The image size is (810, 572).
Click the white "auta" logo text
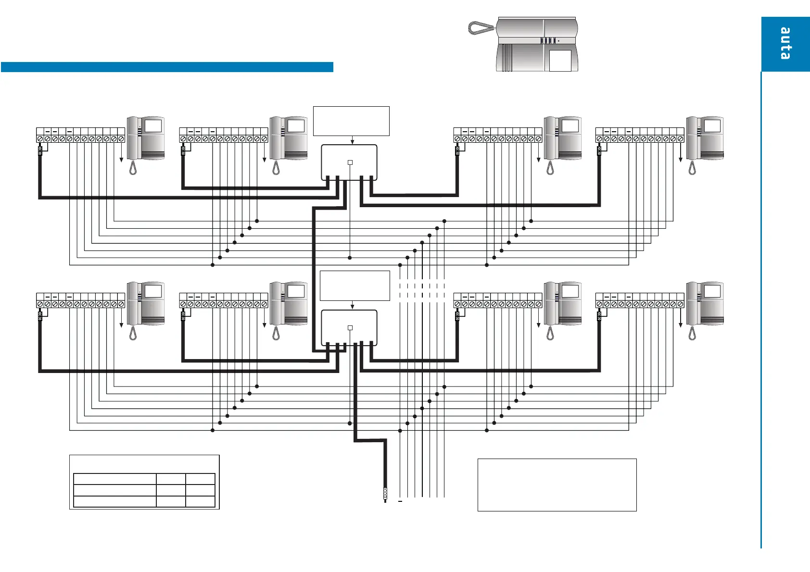pyautogui.click(x=785, y=43)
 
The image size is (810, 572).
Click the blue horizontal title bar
pyautogui.click(x=167, y=67)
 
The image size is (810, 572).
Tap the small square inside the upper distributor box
pyautogui.click(x=350, y=162)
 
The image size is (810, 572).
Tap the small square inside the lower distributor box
pyautogui.click(x=350, y=328)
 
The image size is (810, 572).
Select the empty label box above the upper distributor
pyautogui.click(x=351, y=121)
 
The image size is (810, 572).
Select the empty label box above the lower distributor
pyautogui.click(x=354, y=286)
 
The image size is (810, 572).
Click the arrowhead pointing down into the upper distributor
pyautogui.click(x=353, y=142)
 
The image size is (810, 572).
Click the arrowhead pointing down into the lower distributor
pyautogui.click(x=353, y=307)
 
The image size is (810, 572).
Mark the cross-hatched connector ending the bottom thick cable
pyautogui.click(x=385, y=492)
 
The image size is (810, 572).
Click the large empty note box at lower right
pyautogui.click(x=557, y=485)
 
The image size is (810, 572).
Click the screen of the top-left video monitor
pyautogui.click(x=153, y=126)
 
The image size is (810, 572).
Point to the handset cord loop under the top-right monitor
pyautogui.click(x=692, y=168)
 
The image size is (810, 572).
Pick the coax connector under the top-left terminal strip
pyautogui.click(x=40, y=151)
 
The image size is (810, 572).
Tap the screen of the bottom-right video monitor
pyautogui.click(x=712, y=291)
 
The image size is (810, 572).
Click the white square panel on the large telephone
pyautogui.click(x=560, y=61)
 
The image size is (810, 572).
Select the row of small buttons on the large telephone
pyautogui.click(x=548, y=41)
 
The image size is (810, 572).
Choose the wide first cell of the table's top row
pyautogui.click(x=114, y=478)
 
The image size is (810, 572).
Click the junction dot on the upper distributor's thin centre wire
pyautogui.click(x=350, y=258)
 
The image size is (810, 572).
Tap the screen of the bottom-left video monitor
pyautogui.click(x=153, y=291)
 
